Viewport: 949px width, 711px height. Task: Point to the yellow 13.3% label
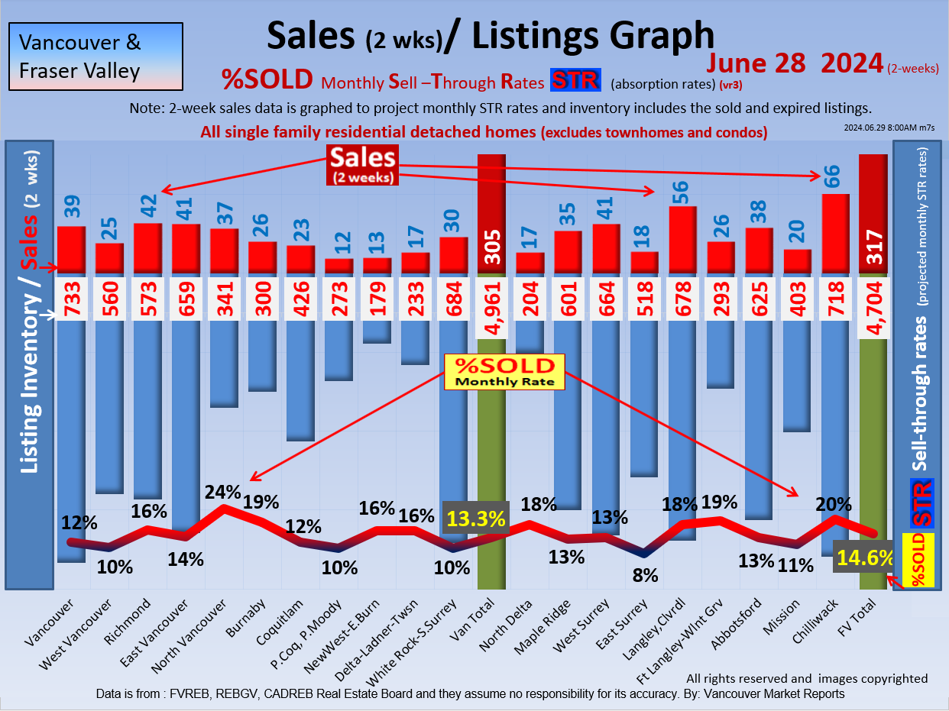click(476, 519)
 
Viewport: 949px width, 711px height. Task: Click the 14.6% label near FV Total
click(863, 558)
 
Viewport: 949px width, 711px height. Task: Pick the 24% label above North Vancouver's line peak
click(222, 493)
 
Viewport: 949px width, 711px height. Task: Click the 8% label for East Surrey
click(645, 575)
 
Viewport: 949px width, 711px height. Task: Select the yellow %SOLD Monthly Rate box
click(504, 371)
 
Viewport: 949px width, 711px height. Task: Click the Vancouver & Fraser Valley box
click(96, 56)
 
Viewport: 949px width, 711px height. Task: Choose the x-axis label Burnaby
click(251, 621)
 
